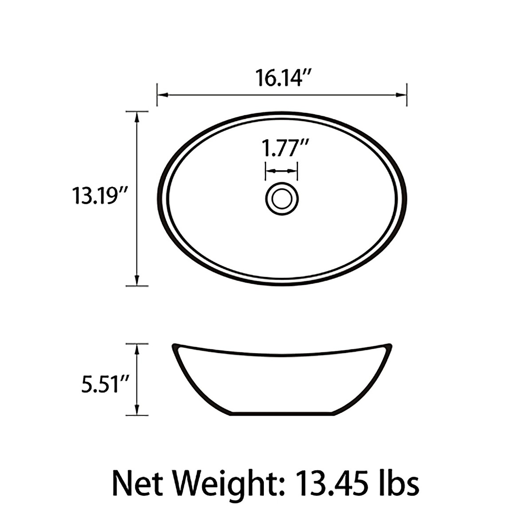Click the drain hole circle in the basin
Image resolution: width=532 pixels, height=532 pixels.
click(x=282, y=198)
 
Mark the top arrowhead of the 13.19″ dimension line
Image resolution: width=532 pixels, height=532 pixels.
click(x=137, y=117)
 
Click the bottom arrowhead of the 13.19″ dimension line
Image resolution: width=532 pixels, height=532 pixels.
click(x=137, y=280)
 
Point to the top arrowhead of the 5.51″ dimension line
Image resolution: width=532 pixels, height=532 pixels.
click(x=137, y=349)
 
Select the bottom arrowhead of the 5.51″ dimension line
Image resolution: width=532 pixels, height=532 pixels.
click(x=137, y=410)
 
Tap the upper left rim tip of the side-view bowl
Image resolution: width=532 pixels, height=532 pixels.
click(x=174, y=345)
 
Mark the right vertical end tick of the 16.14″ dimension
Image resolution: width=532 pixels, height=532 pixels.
click(x=407, y=94)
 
